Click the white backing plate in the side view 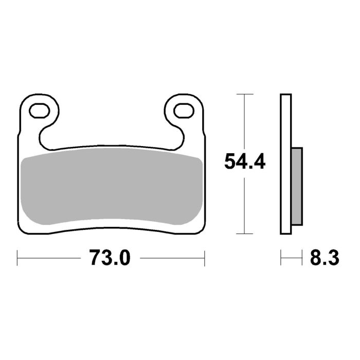(285, 165)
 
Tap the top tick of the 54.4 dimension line (245, 95)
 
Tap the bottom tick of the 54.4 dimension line (245, 233)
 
